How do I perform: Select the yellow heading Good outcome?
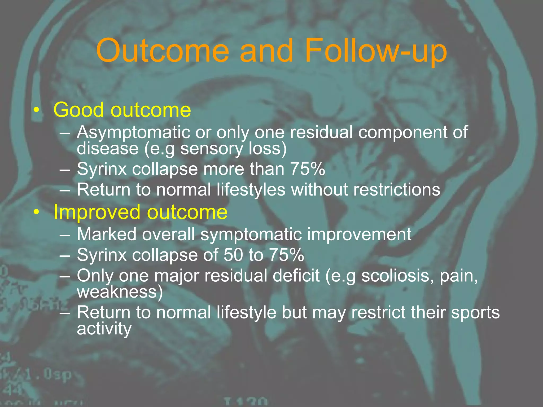(x=122, y=110)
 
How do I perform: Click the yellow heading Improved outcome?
(x=140, y=212)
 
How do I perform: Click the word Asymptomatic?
(x=133, y=132)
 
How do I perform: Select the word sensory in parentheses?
(x=211, y=148)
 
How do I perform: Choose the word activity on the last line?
(x=104, y=329)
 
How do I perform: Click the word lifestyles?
(x=251, y=190)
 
